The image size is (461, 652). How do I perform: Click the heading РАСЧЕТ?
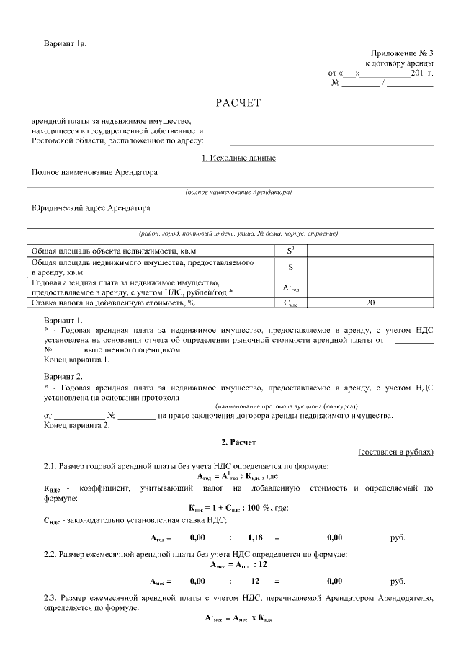tap(237, 102)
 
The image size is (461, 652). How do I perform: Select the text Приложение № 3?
tap(402, 53)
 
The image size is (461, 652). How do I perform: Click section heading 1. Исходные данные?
tap(239, 158)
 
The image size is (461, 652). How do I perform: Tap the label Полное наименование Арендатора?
tap(94, 172)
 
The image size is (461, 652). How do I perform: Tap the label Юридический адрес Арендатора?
tap(91, 208)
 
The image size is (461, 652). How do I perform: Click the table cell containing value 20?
tap(370, 303)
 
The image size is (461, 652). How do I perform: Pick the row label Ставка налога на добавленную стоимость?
tap(113, 303)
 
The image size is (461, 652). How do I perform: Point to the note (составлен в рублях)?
tap(395, 452)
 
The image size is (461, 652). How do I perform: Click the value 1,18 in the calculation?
tap(256, 537)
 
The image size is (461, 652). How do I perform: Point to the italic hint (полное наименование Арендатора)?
tap(238, 192)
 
